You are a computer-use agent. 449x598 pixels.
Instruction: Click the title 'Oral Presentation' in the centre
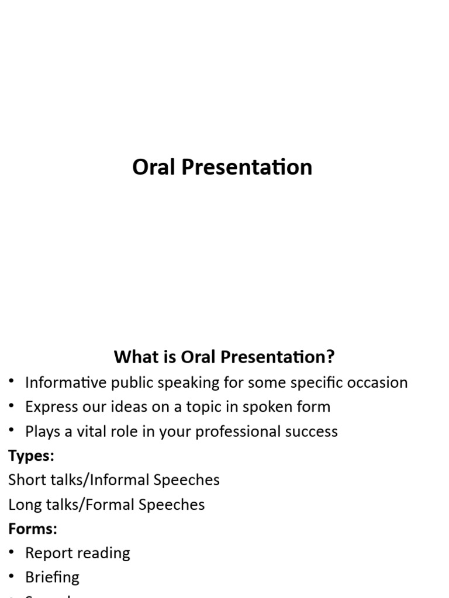(x=222, y=168)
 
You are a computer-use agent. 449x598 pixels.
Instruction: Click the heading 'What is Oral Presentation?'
(x=224, y=357)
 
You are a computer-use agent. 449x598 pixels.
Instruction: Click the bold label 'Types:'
(x=31, y=456)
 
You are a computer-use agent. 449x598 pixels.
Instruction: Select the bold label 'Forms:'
(x=33, y=529)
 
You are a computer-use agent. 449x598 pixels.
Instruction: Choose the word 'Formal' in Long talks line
(x=112, y=505)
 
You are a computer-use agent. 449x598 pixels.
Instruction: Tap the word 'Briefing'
(x=52, y=578)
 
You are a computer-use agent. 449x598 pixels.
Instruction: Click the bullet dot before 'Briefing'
(x=12, y=577)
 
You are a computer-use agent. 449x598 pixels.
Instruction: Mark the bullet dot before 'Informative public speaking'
(x=12, y=383)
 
